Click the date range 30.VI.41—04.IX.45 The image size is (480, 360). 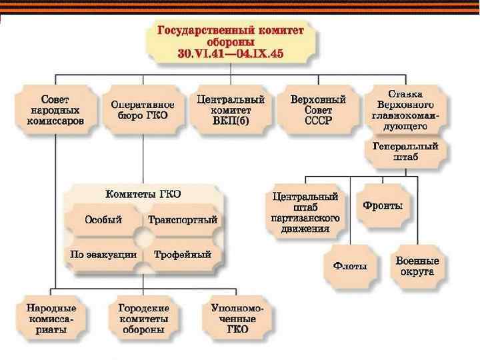pyautogui.click(x=231, y=54)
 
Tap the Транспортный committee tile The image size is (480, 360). pyautogui.click(x=183, y=220)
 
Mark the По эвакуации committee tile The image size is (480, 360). pyautogui.click(x=103, y=254)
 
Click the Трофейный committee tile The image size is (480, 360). pyautogui.click(x=183, y=254)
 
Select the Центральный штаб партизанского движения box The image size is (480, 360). pyautogui.click(x=306, y=213)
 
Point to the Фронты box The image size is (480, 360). pyautogui.click(x=383, y=206)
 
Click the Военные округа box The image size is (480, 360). pyautogui.click(x=417, y=265)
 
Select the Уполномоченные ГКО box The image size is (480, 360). pyautogui.click(x=237, y=319)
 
